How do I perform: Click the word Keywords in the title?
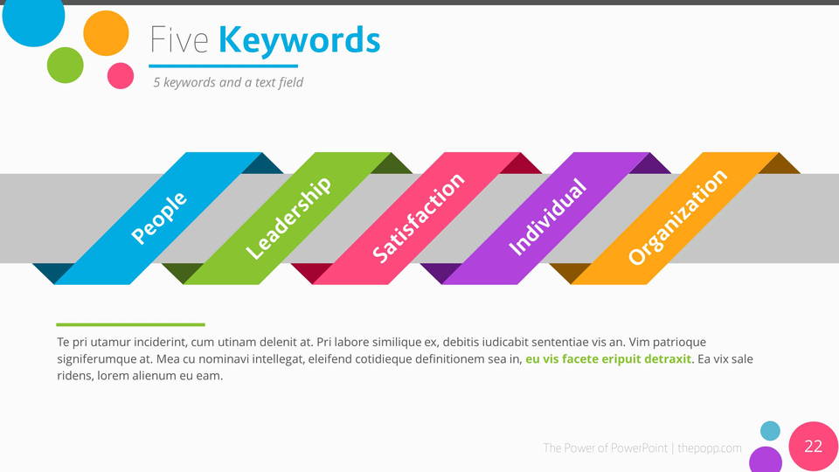point(299,41)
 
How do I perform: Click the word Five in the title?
point(178,40)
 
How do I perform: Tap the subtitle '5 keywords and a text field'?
point(228,82)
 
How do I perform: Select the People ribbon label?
point(159,218)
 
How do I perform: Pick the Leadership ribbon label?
point(288,218)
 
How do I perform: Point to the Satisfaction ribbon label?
point(418,218)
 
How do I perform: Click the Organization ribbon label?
point(676,218)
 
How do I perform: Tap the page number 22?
point(814,447)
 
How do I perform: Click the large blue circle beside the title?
point(33,17)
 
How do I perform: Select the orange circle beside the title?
point(106,33)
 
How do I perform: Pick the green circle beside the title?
point(66,66)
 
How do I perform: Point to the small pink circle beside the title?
point(121,75)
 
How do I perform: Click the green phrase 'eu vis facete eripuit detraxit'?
point(608,359)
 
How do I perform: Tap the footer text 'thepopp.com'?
point(710,448)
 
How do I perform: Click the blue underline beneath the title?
point(223,66)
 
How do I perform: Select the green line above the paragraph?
point(130,324)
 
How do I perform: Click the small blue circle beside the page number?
point(770,431)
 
